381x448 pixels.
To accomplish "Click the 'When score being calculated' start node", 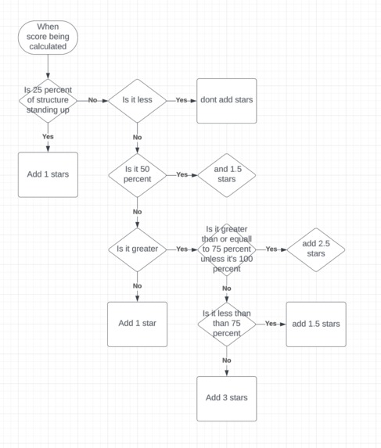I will point(48,38).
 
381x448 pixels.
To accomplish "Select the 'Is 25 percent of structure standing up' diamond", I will point(48,100).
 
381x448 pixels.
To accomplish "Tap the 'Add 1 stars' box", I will point(48,174).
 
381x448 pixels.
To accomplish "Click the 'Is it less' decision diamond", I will point(137,100).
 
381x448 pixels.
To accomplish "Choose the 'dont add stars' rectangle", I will point(226,100).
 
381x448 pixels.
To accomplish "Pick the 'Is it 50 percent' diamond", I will point(137,174).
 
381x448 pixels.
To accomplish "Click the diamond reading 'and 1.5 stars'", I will point(226,174).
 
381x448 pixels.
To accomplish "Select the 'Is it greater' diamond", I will point(137,249).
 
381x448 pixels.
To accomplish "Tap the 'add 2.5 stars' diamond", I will point(315,249).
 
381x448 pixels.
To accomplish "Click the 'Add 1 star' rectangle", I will point(137,323).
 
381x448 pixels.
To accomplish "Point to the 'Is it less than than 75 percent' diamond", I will point(226,323).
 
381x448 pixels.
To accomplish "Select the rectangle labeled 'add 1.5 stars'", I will point(315,323).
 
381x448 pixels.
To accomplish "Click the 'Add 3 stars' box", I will point(226,397).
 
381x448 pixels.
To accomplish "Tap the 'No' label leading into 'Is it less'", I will point(92,100).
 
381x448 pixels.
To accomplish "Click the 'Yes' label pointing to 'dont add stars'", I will point(182,100).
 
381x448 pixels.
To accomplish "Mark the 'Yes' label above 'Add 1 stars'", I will point(48,136).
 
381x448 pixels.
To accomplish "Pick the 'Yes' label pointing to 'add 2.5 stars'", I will point(271,249).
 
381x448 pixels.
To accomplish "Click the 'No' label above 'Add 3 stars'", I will point(226,360).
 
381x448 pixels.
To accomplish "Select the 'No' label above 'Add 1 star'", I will point(137,285).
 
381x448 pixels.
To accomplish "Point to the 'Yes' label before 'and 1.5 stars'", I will point(182,174).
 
